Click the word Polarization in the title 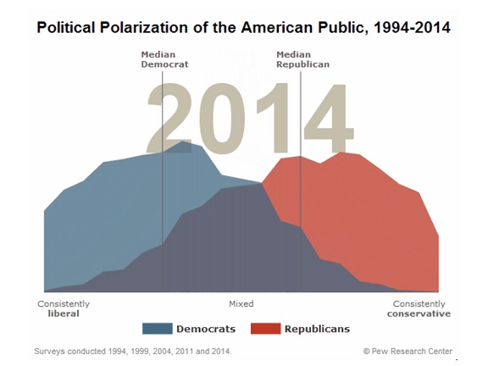pos(144,28)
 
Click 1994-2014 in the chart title pos(413,28)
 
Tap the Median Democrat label pos(164,59)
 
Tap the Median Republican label pos(302,59)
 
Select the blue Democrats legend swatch pos(158,329)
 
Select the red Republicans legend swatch pos(265,329)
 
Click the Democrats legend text pos(206,329)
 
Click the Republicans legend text pos(317,329)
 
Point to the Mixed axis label pos(241,303)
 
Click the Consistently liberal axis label pos(64,308)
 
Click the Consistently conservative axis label pos(419,308)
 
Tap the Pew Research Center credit pos(408,351)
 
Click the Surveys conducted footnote pos(133,351)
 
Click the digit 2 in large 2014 pos(169,118)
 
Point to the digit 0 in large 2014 pos(223,118)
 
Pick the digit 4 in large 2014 pos(329,118)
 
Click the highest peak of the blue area pos(182,141)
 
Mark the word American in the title pos(277,28)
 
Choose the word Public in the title pos(344,28)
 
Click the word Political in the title pos(66,28)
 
